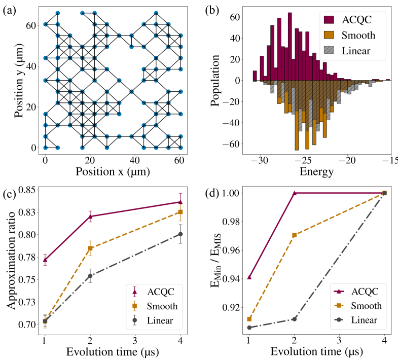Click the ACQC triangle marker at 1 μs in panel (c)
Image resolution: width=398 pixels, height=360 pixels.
46,260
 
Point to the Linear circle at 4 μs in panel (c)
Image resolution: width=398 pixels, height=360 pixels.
180,234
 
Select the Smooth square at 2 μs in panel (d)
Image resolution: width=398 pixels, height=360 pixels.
294,235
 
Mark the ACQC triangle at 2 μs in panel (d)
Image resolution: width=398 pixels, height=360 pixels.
294,193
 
